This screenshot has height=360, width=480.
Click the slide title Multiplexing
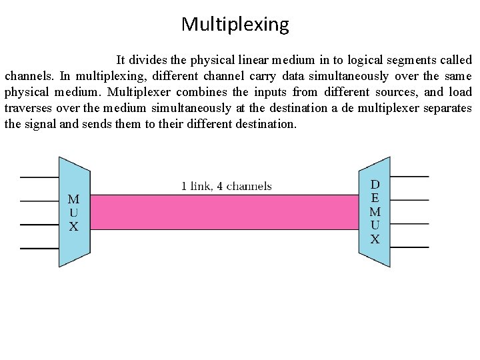tap(235, 25)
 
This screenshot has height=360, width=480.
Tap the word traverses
tap(27, 108)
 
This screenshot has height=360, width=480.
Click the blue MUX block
tap(74, 212)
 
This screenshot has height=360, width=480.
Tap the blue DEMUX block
tap(375, 212)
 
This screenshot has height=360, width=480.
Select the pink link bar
tap(224, 212)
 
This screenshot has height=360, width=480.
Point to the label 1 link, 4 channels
tap(227, 186)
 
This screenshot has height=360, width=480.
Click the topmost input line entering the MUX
tap(39, 177)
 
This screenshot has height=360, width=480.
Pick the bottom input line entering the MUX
tap(39, 249)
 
